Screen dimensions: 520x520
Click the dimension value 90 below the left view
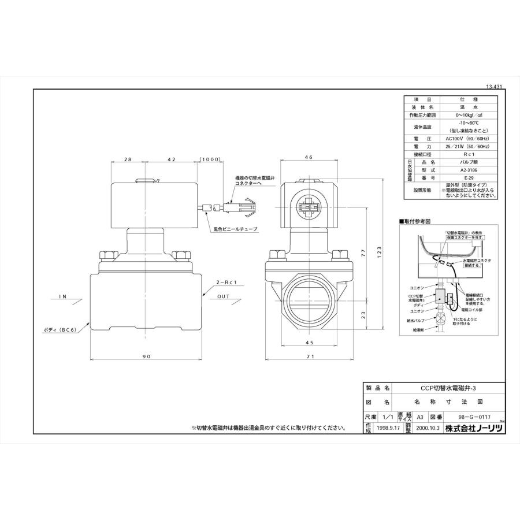coord(146,357)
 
